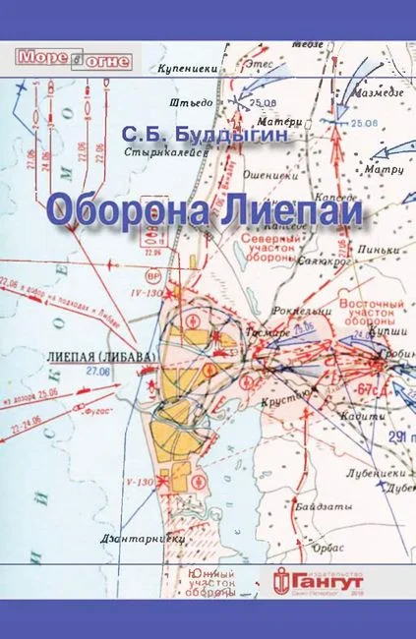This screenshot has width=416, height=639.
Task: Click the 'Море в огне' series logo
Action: click(58, 58)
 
